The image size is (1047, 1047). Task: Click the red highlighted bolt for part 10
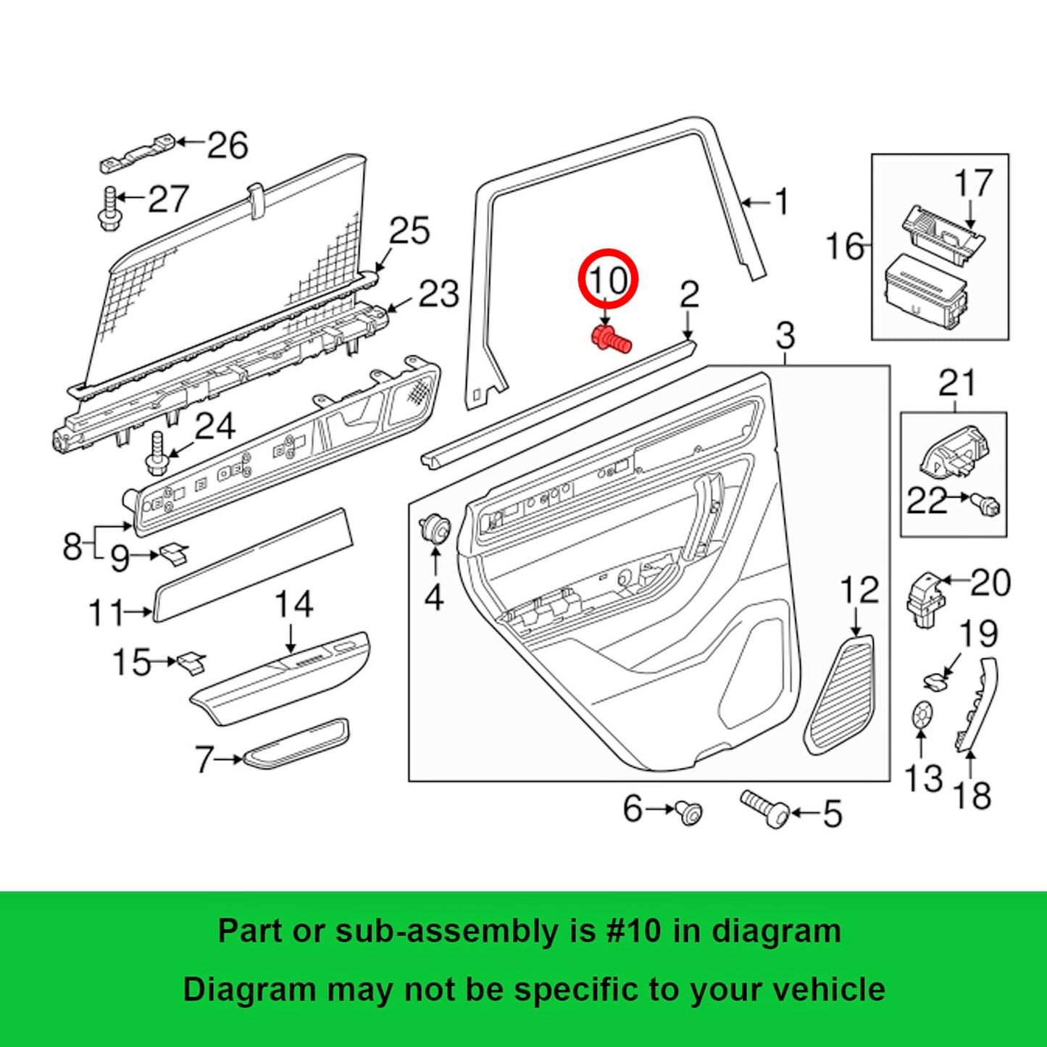click(611, 340)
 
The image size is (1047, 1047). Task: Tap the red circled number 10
click(608, 280)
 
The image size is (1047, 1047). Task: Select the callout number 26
click(228, 145)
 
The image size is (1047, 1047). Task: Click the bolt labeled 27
click(109, 209)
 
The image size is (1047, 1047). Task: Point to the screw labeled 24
click(156, 452)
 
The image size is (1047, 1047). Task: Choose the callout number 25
click(409, 231)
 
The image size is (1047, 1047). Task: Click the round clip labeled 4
click(436, 527)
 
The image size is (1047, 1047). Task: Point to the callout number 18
click(972, 796)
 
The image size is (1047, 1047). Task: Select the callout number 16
click(845, 247)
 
